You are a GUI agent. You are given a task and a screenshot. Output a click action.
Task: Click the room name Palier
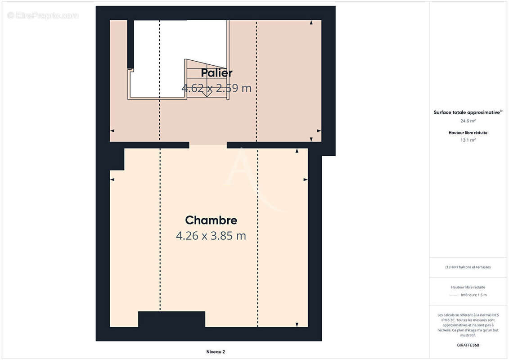(x=216, y=73)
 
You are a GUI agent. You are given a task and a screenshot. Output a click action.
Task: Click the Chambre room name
(x=211, y=220)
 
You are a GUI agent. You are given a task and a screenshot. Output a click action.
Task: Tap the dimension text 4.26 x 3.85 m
(x=211, y=236)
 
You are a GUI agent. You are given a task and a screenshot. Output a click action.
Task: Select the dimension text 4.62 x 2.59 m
(x=216, y=88)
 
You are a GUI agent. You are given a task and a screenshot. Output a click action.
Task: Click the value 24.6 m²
(x=468, y=121)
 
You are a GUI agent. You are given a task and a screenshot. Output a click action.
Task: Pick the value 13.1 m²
(x=468, y=140)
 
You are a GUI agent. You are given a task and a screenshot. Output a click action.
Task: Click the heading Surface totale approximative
(x=467, y=112)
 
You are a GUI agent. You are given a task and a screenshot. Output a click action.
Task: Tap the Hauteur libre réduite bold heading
(x=468, y=133)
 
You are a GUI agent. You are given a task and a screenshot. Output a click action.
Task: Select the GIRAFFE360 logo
(x=468, y=345)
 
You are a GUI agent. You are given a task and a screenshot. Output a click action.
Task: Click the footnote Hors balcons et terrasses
(x=468, y=267)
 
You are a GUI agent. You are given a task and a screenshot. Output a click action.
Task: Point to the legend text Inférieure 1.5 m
(x=473, y=295)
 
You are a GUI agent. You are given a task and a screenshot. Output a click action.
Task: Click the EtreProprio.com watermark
(x=43, y=16)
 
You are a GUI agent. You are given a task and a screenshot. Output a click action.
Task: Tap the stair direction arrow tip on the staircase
(x=207, y=95)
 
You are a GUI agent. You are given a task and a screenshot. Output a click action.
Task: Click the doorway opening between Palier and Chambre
(x=208, y=145)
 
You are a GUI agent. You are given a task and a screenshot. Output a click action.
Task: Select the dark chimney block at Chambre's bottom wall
(x=171, y=319)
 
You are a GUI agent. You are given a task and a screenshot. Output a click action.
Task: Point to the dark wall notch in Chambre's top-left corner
(x=117, y=159)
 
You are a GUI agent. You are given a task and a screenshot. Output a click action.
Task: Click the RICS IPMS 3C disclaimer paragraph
(x=468, y=325)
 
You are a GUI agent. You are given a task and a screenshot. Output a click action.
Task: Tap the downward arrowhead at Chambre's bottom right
(x=297, y=324)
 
